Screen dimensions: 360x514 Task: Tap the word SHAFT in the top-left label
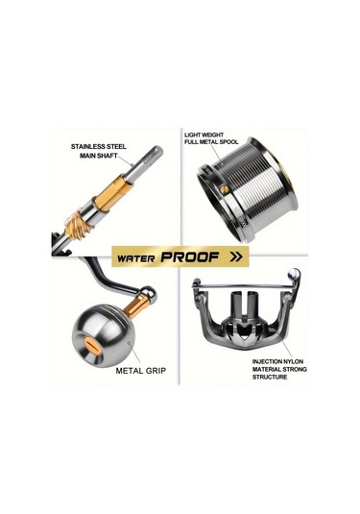click(107, 156)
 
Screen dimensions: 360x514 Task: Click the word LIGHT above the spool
click(192, 135)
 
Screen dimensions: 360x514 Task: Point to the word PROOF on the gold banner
click(190, 257)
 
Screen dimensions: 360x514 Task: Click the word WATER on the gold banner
click(135, 258)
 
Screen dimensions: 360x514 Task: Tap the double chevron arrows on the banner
click(236, 257)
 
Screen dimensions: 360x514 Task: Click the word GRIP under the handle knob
click(156, 371)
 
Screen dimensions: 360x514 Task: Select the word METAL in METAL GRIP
click(130, 371)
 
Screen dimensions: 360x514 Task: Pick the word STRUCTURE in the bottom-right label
click(270, 377)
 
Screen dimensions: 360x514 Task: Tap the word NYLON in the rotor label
click(294, 361)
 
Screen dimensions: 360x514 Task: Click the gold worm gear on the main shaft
click(78, 223)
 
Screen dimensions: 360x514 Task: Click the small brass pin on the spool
click(224, 189)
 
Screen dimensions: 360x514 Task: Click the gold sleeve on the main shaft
click(112, 194)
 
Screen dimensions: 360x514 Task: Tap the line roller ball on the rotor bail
click(294, 274)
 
